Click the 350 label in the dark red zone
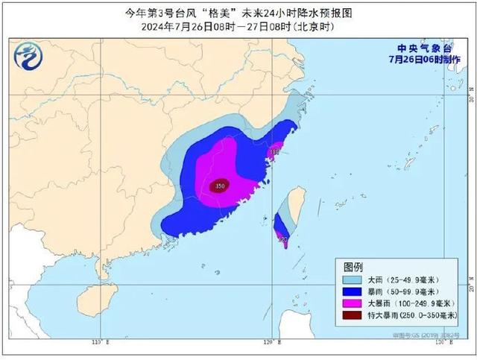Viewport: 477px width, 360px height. click(x=220, y=186)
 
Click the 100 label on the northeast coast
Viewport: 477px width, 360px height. click(x=274, y=152)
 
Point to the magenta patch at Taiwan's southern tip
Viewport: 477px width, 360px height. click(x=284, y=239)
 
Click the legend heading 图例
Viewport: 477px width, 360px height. click(x=353, y=267)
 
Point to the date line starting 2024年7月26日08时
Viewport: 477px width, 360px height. click(x=238, y=26)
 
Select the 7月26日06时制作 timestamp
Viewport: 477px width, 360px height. click(x=419, y=58)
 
